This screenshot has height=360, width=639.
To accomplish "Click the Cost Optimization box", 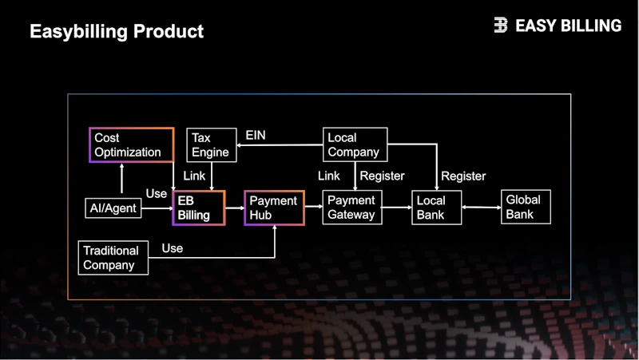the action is click(132, 145).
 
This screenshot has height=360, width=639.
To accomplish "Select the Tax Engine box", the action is click(212, 145).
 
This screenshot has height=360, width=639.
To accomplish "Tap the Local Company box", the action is click(355, 144).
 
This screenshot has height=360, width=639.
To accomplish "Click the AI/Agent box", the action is click(113, 208).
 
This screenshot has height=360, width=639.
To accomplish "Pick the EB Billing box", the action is click(199, 208).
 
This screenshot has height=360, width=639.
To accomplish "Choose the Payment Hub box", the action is click(274, 208).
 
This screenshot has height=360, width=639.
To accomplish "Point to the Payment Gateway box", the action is click(352, 208).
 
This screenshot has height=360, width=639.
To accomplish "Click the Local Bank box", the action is click(436, 208).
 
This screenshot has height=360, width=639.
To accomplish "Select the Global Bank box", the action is click(526, 207).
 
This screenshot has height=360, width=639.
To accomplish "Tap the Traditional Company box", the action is click(113, 258).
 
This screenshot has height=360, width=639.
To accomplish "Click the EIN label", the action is click(256, 135).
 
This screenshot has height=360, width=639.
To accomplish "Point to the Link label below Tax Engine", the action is click(194, 176).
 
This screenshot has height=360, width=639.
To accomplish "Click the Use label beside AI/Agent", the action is click(157, 193).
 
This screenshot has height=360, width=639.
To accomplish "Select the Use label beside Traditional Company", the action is click(173, 248).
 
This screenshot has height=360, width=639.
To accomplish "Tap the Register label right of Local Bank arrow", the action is click(463, 176).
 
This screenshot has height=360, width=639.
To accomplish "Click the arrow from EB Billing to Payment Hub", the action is click(235, 208).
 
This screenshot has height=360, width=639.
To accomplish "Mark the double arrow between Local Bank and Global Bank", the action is click(482, 208).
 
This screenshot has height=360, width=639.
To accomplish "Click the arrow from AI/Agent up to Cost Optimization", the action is click(121, 178).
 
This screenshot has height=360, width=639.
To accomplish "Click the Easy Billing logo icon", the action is click(501, 25).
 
